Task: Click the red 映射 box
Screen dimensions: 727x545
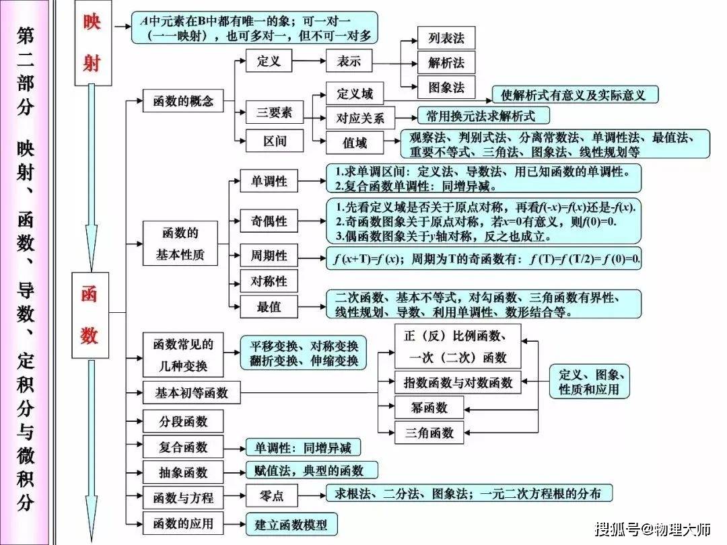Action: (x=93, y=42)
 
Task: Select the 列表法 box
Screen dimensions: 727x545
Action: (x=446, y=38)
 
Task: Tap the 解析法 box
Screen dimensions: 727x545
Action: (x=446, y=63)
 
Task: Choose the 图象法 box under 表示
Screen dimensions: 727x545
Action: (x=446, y=87)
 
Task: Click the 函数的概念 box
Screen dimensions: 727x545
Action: (x=183, y=101)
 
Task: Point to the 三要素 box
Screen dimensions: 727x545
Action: (x=275, y=112)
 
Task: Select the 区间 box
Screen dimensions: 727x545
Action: (x=275, y=141)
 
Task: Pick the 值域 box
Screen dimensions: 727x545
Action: (x=355, y=143)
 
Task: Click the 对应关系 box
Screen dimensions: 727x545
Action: (x=360, y=118)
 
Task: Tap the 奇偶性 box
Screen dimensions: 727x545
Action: (x=269, y=221)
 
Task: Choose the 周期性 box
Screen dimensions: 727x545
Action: (x=269, y=256)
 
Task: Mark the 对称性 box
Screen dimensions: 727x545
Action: (x=269, y=281)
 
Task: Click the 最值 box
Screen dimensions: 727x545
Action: (x=269, y=306)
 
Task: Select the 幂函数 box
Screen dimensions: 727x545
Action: (x=429, y=408)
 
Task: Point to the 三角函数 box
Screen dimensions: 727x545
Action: (x=429, y=433)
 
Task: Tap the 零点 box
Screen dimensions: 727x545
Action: (x=272, y=496)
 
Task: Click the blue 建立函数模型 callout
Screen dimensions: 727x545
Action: (x=291, y=524)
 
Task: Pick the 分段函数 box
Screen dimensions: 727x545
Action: (x=183, y=421)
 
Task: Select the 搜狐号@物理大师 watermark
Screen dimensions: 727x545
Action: (x=653, y=529)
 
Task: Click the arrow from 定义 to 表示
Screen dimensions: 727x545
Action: (x=309, y=61)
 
